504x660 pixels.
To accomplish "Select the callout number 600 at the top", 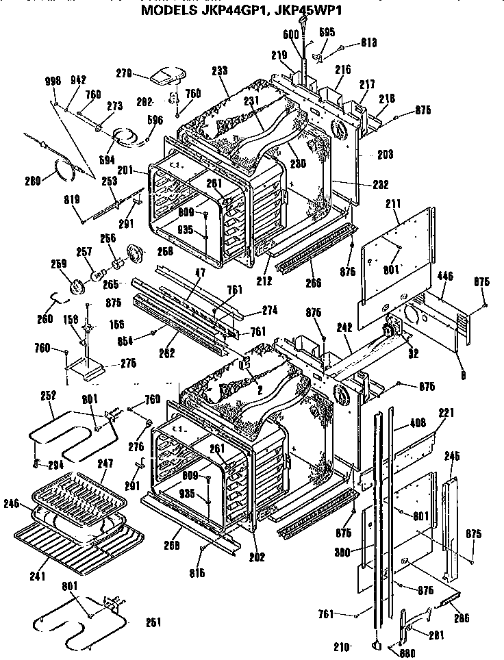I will click(290, 34).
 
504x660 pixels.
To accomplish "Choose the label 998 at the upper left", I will click(52, 81).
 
